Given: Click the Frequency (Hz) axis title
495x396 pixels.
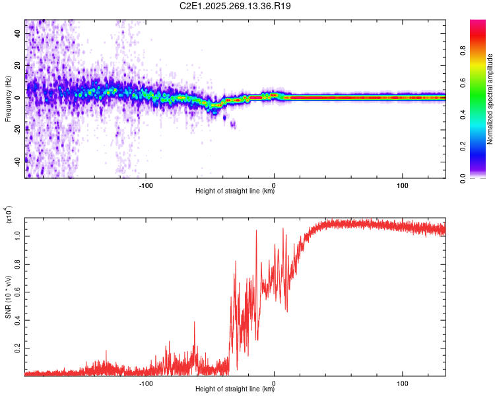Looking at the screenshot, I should (8, 99).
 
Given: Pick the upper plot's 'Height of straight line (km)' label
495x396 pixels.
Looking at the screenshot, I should (235, 191).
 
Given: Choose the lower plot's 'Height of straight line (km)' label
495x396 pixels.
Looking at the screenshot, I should (235, 389).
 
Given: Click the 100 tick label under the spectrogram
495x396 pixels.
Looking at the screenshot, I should (402, 184).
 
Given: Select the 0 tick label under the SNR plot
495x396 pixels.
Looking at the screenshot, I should (274, 382).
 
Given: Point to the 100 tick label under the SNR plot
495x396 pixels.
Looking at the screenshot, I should (402, 382).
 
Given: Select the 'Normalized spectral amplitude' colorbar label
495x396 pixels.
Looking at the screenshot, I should (490, 99).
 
